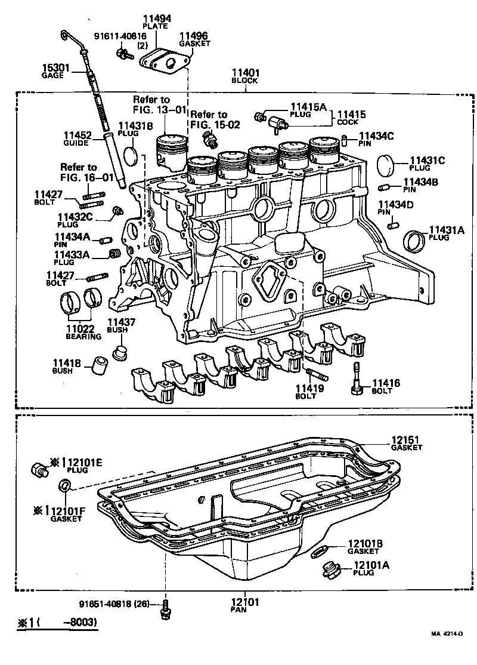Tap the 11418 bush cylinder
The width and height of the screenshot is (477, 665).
click(99, 365)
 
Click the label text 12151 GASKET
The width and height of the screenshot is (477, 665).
click(406, 443)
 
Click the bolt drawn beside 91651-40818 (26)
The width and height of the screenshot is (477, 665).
click(165, 610)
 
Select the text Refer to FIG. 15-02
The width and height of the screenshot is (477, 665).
click(209, 119)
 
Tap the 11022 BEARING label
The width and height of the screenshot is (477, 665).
click(80, 331)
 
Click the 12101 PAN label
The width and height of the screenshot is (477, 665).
click(246, 606)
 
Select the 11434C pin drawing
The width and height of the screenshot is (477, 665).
click(345, 140)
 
